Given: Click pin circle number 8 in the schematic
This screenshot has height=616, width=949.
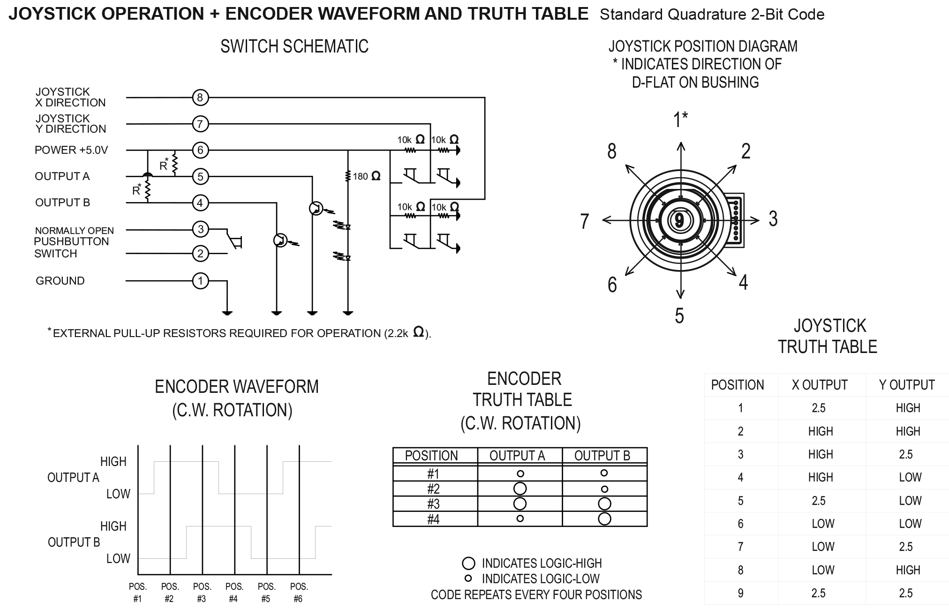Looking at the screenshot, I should point(200,98).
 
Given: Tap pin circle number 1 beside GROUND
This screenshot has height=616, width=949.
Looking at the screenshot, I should point(200,281).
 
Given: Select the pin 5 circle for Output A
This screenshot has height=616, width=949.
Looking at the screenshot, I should point(200,177).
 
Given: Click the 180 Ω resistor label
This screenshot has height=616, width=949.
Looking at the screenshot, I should point(367,176).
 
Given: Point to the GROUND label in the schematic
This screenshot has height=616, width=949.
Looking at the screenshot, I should point(60,281).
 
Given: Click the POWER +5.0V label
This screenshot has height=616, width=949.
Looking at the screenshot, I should point(71,150).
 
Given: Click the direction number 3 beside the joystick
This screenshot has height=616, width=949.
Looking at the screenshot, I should point(773,219).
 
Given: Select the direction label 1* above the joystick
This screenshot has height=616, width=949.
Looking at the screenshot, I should point(680,120).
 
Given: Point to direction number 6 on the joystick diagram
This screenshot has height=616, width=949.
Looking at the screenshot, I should point(612,285).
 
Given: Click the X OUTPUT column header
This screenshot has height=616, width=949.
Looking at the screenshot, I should point(820,385).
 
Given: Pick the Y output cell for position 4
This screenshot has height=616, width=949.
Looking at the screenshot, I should point(910,477).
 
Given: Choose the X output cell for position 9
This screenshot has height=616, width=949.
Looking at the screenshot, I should point(818,593).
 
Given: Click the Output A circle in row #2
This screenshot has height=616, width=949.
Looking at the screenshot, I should point(520,488).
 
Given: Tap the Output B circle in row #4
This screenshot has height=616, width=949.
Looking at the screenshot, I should point(604,518).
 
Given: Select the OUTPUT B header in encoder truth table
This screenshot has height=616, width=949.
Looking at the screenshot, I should point(602,456).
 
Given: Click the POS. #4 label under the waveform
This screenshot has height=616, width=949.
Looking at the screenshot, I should point(234,593).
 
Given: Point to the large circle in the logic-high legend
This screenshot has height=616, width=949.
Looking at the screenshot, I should point(468,563).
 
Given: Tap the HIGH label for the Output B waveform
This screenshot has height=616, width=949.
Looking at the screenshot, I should point(113,526).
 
